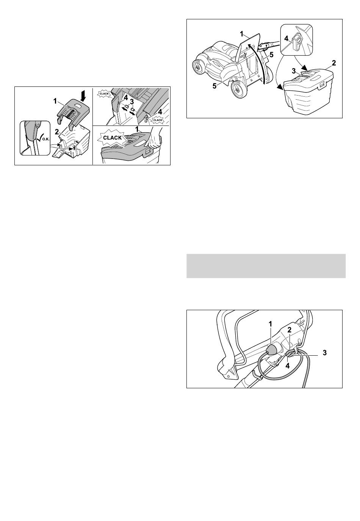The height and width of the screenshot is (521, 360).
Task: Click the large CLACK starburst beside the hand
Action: [113, 138]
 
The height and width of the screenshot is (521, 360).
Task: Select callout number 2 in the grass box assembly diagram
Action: [57, 132]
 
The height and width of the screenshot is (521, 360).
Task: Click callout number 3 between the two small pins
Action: [132, 102]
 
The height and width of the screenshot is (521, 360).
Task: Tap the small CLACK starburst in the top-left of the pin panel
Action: [104, 94]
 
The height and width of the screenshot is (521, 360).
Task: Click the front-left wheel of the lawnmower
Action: [198, 67]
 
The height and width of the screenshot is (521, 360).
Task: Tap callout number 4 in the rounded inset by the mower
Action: [286, 38]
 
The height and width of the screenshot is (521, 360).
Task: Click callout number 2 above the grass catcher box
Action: [334, 63]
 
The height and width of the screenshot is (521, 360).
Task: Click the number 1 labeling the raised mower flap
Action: [242, 34]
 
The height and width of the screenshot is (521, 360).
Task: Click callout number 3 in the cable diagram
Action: [325, 353]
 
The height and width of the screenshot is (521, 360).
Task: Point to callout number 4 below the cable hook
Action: [288, 366]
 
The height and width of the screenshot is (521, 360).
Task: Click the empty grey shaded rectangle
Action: [266, 266]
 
